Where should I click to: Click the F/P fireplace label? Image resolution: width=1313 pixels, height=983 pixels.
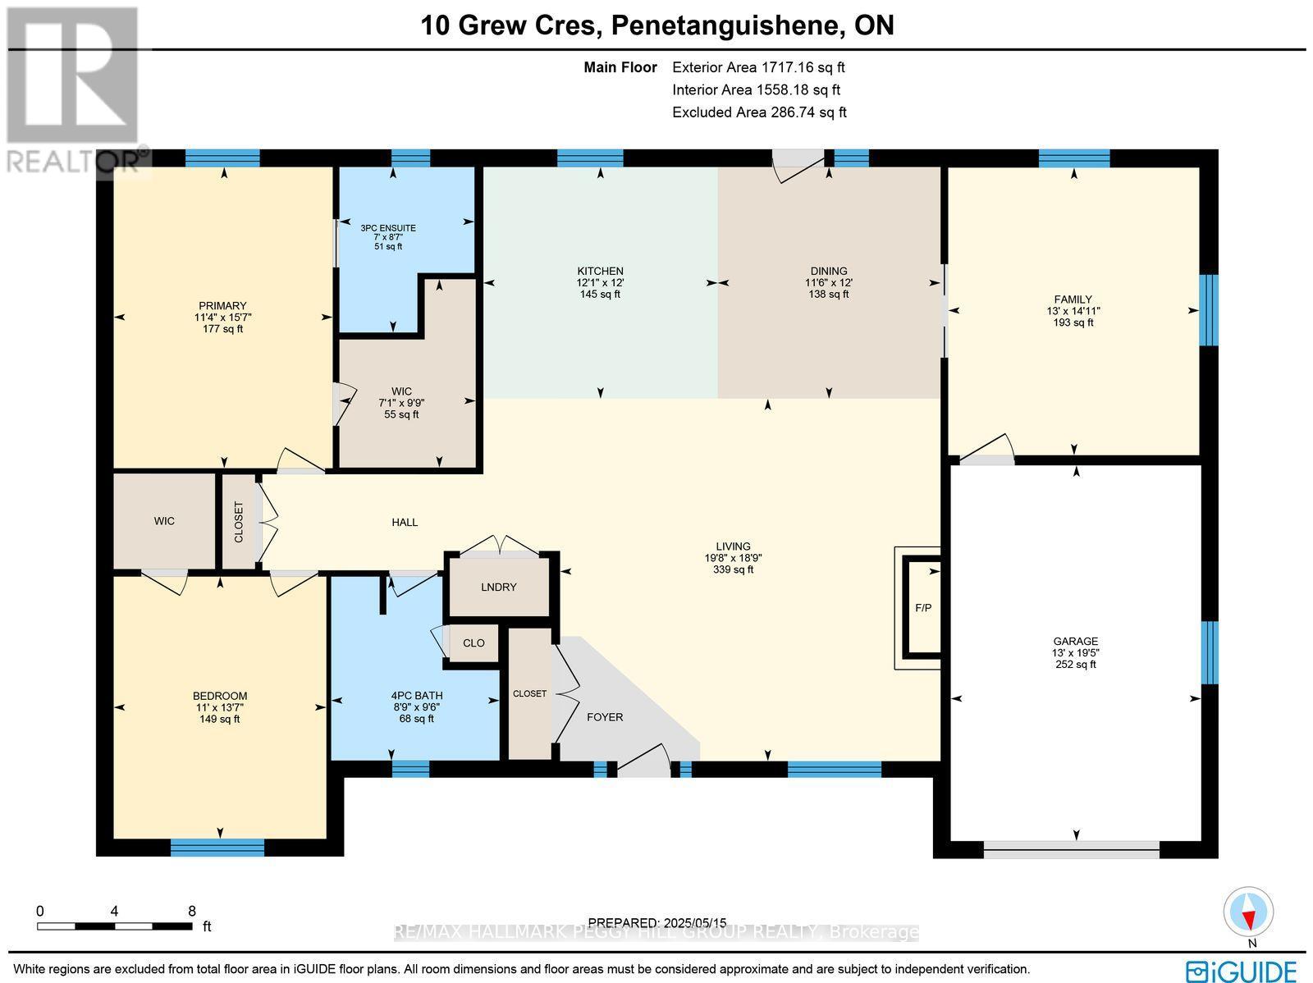922,608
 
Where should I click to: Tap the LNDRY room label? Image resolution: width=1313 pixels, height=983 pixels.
499,587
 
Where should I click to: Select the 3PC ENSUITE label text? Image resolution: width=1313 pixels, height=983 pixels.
388,228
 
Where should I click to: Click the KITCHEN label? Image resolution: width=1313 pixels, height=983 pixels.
600,271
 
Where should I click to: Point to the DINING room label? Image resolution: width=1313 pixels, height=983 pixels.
828,271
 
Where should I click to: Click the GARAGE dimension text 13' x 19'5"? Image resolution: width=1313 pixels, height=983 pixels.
1075,653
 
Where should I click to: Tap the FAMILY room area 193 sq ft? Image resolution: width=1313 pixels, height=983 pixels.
1073,322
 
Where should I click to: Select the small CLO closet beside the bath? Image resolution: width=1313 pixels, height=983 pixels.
474,643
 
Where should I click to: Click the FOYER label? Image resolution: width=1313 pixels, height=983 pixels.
605,717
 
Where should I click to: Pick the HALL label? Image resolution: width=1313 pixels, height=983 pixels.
405,522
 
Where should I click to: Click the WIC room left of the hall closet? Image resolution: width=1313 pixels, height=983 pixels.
164,521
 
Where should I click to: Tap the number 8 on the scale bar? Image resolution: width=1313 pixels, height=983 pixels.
191,911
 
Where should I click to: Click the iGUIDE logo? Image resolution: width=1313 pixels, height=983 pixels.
1242,971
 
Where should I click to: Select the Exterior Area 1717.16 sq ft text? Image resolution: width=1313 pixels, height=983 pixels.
757,67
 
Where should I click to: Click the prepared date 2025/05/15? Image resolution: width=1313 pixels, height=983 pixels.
692,923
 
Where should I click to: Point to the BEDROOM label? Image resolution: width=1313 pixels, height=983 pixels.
220,696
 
